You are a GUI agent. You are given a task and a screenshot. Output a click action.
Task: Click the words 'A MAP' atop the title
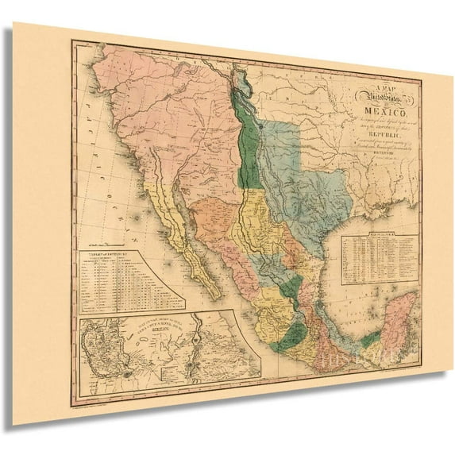point(363,87)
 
